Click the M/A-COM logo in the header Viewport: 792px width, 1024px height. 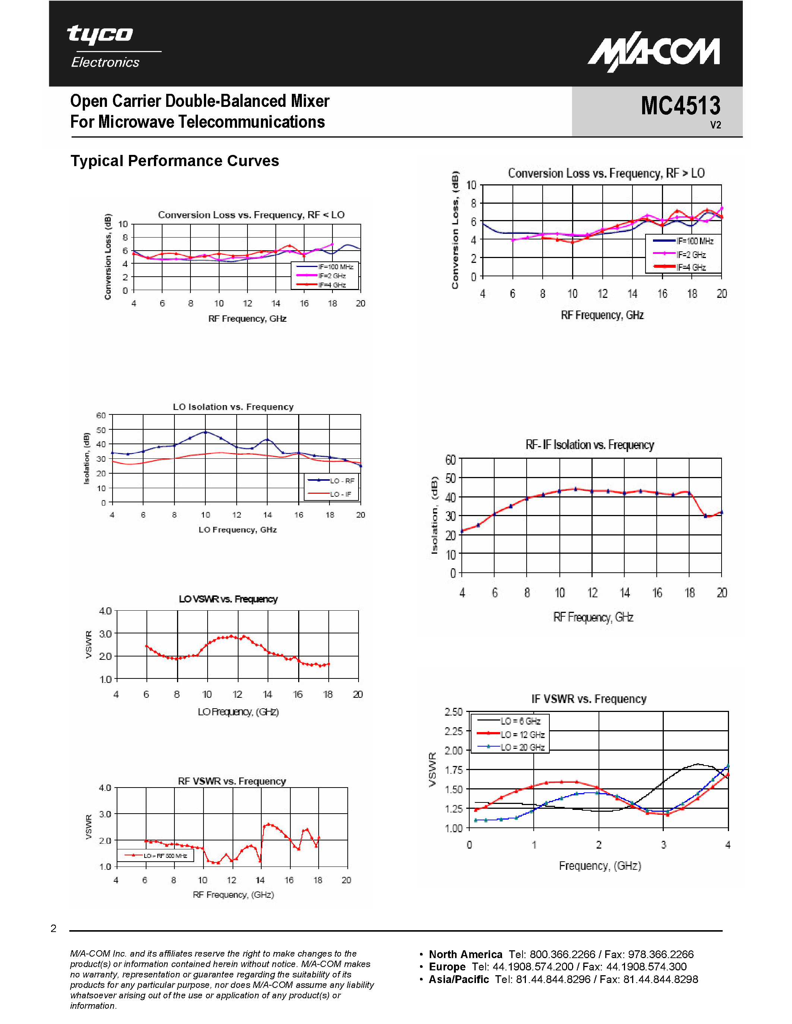654,53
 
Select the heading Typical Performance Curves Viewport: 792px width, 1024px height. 174,161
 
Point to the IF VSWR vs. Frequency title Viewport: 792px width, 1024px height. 589,699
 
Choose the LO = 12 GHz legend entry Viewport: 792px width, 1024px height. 522,734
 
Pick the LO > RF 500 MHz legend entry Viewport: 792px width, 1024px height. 165,856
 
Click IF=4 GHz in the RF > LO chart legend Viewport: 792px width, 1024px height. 691,267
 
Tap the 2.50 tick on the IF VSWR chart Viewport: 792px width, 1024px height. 453,712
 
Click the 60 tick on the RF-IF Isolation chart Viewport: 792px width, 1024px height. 451,459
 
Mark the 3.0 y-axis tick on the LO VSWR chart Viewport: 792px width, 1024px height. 105,634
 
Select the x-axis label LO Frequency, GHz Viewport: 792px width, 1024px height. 237,530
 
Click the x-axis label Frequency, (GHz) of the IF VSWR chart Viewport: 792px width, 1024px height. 600,865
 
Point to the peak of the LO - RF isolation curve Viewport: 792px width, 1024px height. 205,432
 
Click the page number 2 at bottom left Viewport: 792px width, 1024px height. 54,928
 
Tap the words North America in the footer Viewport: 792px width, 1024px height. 465,954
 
